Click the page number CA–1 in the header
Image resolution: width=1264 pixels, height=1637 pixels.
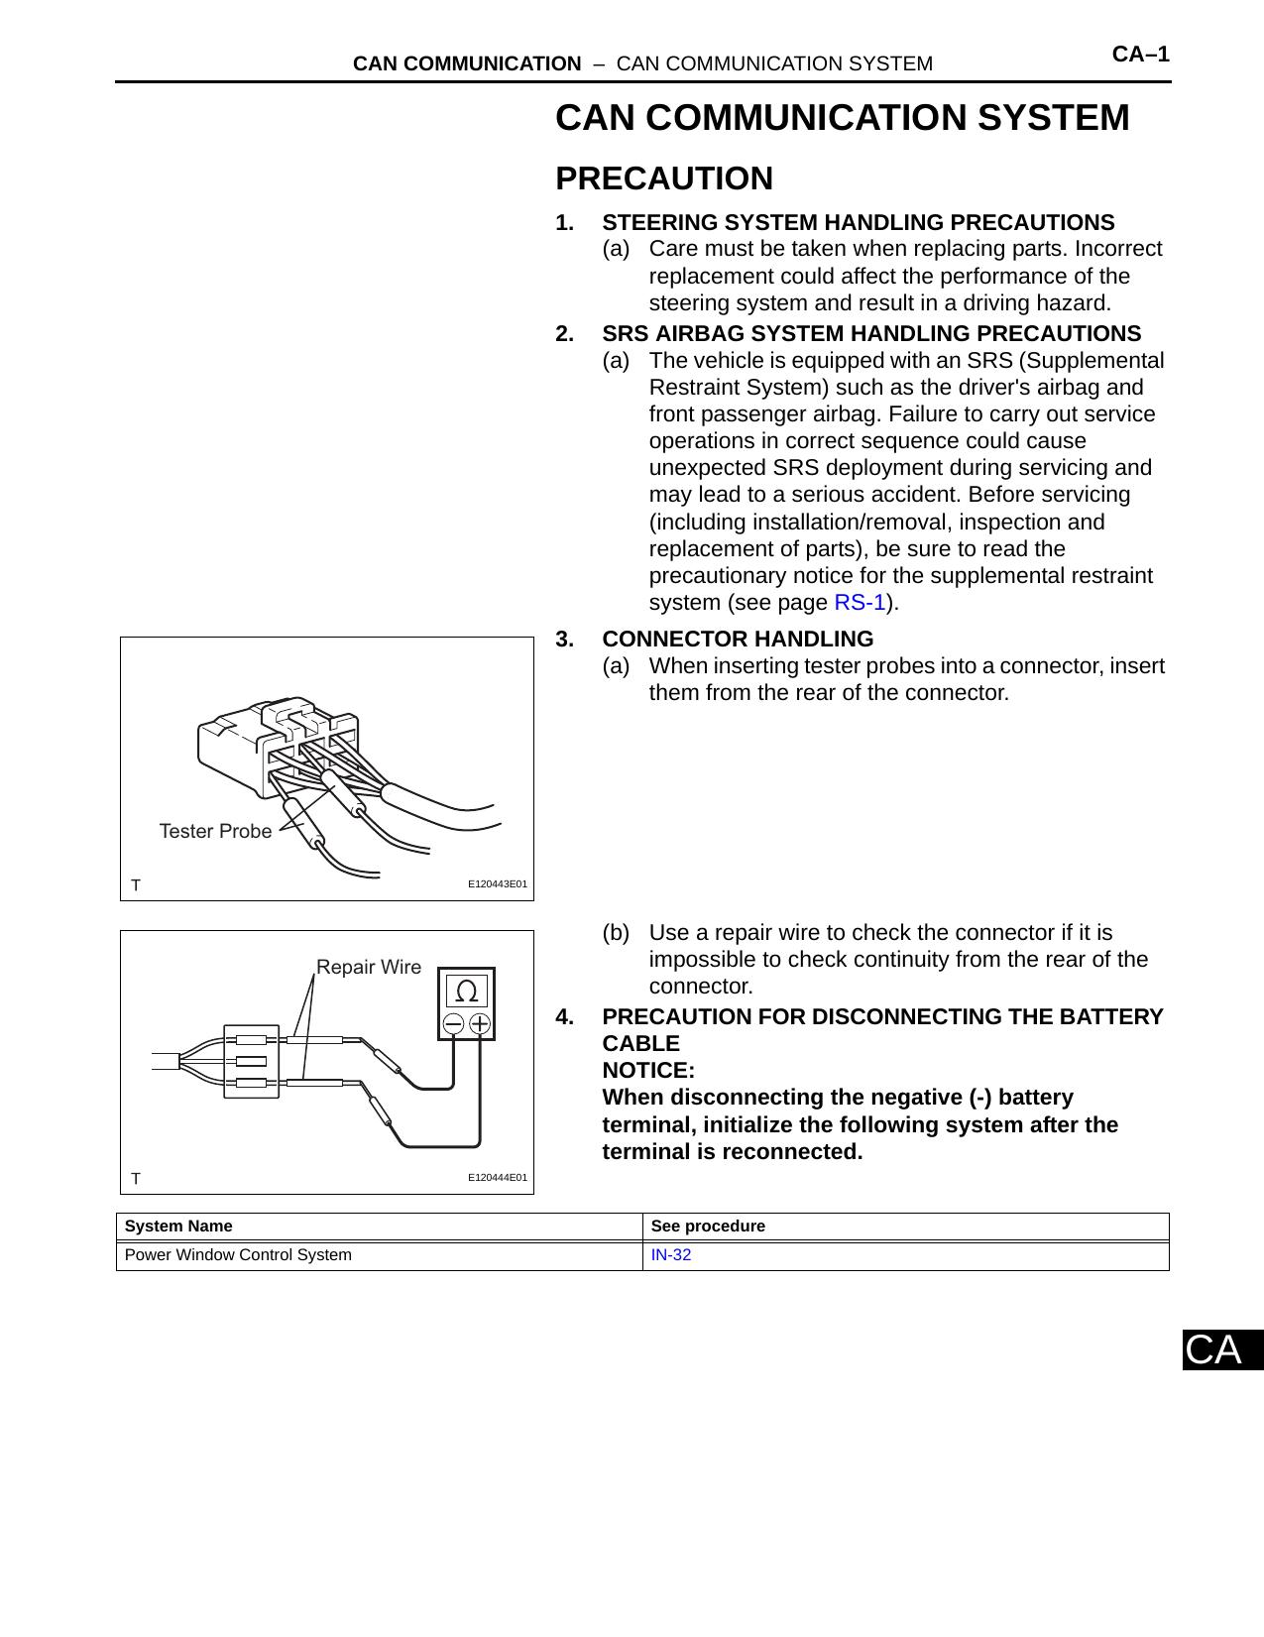click(x=1140, y=55)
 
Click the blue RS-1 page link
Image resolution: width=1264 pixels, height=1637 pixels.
click(x=860, y=603)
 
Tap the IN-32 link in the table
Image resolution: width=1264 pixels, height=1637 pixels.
click(x=670, y=1255)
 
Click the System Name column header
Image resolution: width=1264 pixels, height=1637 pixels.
click(x=178, y=1227)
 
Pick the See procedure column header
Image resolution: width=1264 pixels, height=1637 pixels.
click(x=708, y=1227)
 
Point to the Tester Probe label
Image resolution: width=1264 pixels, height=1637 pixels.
click(x=215, y=831)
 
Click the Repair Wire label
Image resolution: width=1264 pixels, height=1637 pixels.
click(x=369, y=967)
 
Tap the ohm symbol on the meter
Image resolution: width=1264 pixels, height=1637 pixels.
click(x=467, y=991)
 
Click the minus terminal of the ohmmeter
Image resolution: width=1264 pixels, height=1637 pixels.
click(x=453, y=1024)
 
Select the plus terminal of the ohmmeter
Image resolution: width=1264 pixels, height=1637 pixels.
click(x=480, y=1024)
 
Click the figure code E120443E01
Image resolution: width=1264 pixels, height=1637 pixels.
click(x=497, y=883)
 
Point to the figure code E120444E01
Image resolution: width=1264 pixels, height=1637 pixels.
click(x=497, y=1178)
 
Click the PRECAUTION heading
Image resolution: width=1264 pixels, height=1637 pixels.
click(x=664, y=178)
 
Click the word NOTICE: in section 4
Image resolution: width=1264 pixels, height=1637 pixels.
click(x=648, y=1071)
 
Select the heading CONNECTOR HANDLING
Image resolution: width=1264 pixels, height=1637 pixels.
click(x=738, y=639)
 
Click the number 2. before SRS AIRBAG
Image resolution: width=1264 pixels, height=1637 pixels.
click(x=565, y=334)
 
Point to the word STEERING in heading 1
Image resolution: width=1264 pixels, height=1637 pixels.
click(x=660, y=223)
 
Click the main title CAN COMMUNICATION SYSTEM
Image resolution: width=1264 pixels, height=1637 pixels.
click(x=842, y=118)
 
